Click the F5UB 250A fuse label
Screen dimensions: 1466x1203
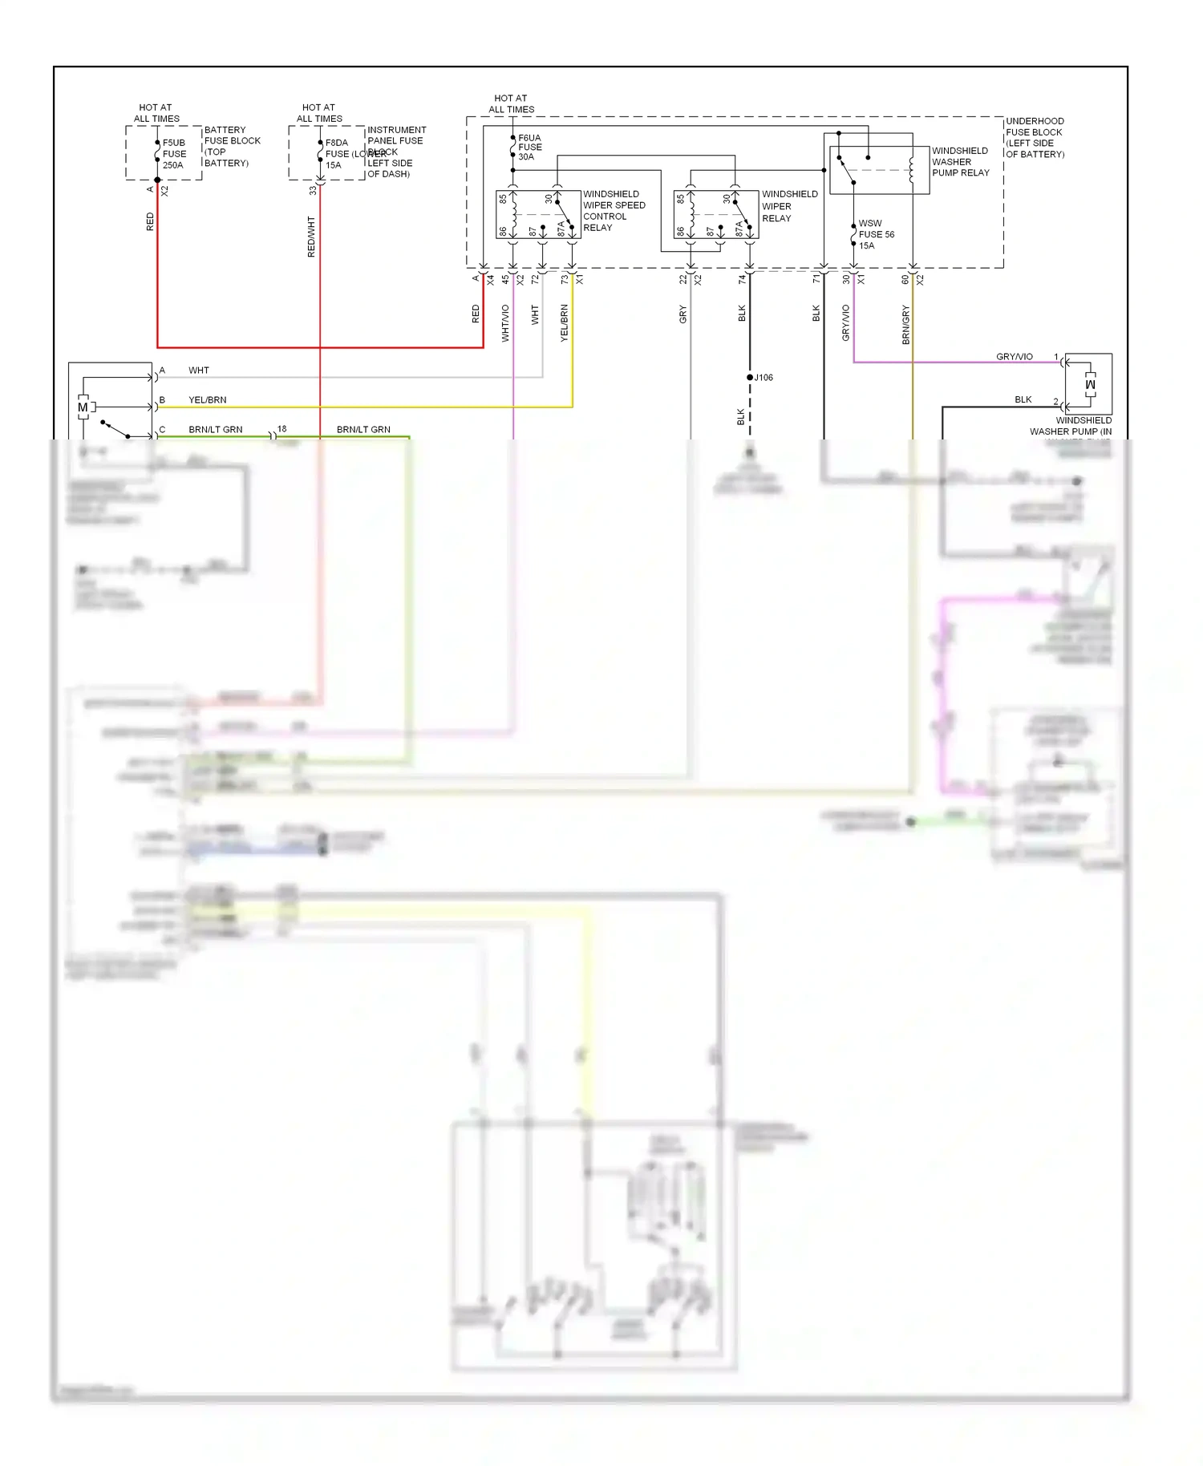(x=173, y=154)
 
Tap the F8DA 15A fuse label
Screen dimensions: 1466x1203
(x=336, y=154)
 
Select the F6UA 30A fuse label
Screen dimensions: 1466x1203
(x=529, y=148)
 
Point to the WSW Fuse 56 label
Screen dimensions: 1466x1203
(x=876, y=234)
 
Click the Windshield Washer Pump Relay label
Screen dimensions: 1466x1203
(x=960, y=161)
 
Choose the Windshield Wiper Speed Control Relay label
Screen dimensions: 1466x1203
(x=614, y=211)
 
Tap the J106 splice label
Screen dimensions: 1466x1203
(x=764, y=378)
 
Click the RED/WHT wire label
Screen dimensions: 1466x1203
(x=311, y=237)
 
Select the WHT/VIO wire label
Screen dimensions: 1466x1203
(x=505, y=323)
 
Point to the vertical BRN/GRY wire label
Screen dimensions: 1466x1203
(x=905, y=325)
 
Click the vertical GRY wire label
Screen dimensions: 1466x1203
(x=683, y=314)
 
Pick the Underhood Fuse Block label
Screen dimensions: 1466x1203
(x=1035, y=138)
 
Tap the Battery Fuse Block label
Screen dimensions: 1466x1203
(x=232, y=146)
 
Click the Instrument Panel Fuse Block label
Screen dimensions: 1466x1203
(x=396, y=152)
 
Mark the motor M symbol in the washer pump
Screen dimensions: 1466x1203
(x=1089, y=385)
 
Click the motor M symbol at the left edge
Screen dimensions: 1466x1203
(x=83, y=407)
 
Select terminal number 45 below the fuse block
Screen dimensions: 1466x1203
(x=505, y=280)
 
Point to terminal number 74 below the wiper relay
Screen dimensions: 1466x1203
(x=743, y=279)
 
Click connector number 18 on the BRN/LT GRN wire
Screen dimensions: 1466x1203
(x=282, y=429)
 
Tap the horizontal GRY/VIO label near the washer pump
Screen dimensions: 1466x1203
(x=1014, y=357)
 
